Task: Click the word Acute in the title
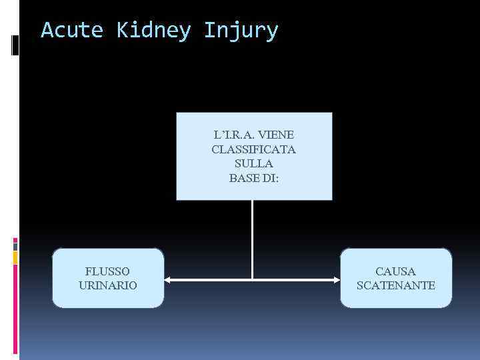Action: click(72, 31)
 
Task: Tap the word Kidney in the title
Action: click(154, 31)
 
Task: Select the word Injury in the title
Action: click(241, 31)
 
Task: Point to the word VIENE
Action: click(277, 135)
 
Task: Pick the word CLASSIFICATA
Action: click(253, 149)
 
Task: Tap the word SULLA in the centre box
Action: click(253, 163)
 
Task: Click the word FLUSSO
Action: click(108, 271)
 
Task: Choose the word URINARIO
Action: click(108, 285)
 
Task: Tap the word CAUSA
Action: click(395, 271)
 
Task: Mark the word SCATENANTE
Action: click(395, 285)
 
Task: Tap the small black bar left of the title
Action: click(15, 44)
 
